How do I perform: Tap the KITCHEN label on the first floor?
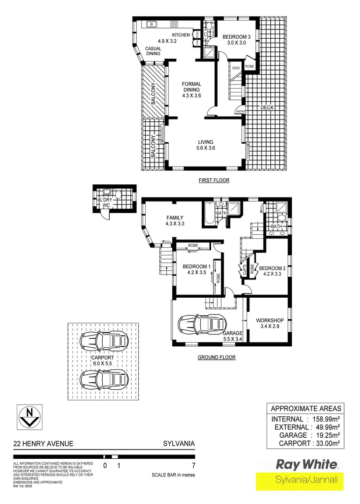coord(181,35)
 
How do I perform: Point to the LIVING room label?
coord(205,142)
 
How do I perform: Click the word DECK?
coord(267,107)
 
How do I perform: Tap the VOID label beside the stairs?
coord(236,68)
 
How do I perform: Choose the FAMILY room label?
coord(175,217)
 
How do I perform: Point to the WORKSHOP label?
coord(270,320)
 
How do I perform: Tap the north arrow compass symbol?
coord(30,416)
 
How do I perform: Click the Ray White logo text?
coord(306,464)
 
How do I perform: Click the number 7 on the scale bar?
coord(193,465)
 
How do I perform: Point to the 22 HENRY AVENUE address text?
coord(43,444)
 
